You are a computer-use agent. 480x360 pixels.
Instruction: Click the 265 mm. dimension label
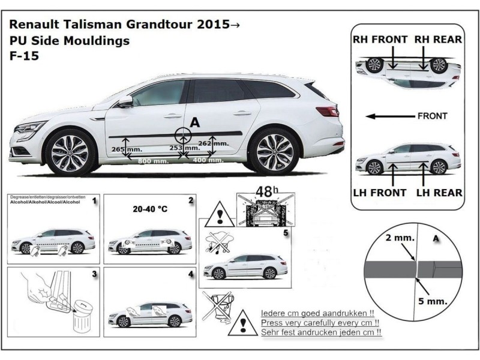[122, 148]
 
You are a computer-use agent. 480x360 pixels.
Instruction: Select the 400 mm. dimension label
[205, 161]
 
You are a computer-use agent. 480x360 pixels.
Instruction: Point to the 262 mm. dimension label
[212, 143]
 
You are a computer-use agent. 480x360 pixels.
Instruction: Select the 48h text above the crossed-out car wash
[264, 193]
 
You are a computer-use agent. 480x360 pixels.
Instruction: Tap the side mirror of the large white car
[125, 101]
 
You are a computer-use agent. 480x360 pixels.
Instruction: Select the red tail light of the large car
[328, 111]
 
